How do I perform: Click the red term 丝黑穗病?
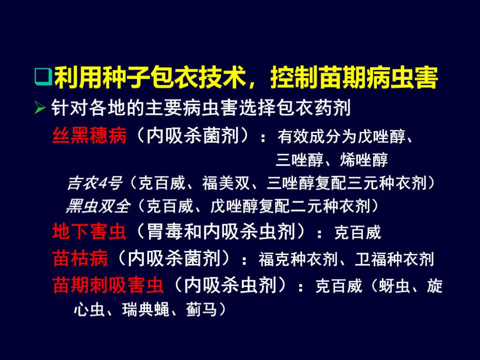pos(89,136)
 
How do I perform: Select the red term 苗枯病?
pos(80,258)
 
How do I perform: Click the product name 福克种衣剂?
pos(293,259)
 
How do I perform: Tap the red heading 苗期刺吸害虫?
pos(108,285)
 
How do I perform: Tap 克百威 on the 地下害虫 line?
pos(357,232)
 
